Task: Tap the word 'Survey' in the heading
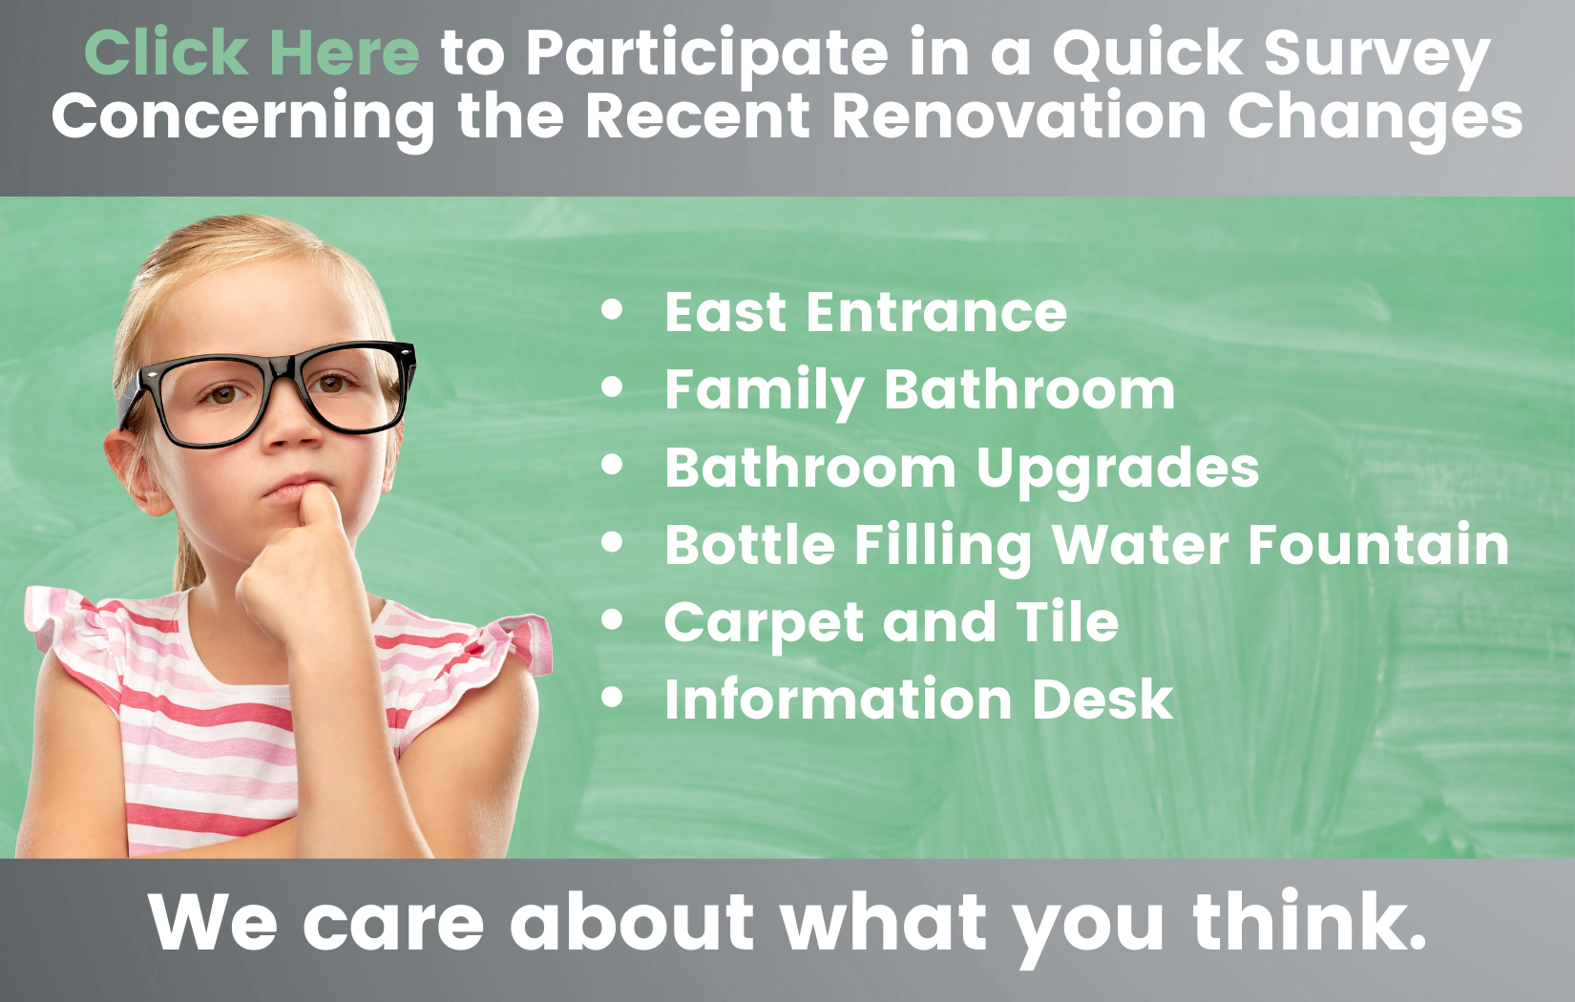pyautogui.click(x=1377, y=57)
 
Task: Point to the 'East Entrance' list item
pyautogui.click(x=866, y=312)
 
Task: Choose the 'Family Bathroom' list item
pyautogui.click(x=919, y=391)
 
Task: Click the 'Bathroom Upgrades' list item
pyautogui.click(x=962, y=469)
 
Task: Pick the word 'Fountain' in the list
pyautogui.click(x=1378, y=544)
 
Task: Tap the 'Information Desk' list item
pyautogui.click(x=919, y=699)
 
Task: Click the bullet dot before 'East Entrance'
pyautogui.click(x=613, y=310)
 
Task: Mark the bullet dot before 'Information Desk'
pyautogui.click(x=613, y=697)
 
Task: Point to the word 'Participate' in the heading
pyautogui.click(x=707, y=57)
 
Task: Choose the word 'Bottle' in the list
pyautogui.click(x=749, y=544)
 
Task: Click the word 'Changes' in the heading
pyautogui.click(x=1375, y=120)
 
